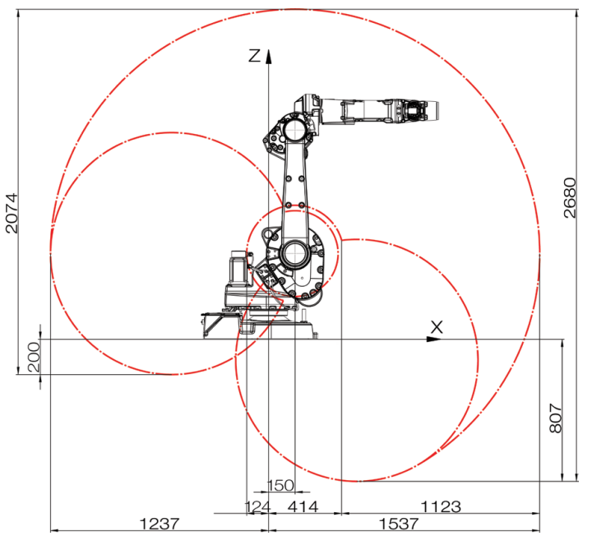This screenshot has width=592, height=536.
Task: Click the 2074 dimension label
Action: click(12, 213)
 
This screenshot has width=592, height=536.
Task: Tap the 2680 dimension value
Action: click(570, 198)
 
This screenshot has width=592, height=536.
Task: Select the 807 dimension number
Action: click(556, 418)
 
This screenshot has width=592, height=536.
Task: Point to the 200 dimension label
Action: click(34, 357)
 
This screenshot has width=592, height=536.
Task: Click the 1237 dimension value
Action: click(160, 524)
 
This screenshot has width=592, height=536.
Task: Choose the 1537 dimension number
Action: click(399, 524)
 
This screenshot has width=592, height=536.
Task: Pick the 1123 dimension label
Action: click(441, 506)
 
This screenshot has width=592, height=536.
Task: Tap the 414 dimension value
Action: click(303, 506)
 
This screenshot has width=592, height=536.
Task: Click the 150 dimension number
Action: click(280, 485)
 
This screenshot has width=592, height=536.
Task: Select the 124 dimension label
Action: click(258, 506)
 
